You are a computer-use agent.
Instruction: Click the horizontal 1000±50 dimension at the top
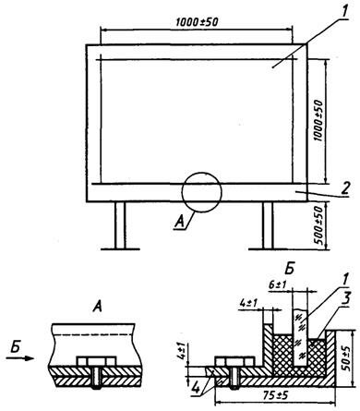point(197,22)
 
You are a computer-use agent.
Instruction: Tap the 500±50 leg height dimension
point(319,225)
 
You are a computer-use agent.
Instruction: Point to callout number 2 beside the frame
point(345,188)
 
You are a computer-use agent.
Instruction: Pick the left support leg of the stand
point(120,225)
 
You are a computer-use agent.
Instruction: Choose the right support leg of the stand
point(268,225)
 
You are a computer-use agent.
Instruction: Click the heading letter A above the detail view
point(97,308)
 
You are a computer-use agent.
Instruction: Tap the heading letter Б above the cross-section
point(289,269)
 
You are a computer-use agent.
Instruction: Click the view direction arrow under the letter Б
point(20,358)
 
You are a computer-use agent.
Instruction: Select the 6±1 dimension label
point(278,285)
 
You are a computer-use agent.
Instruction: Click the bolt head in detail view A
point(96,360)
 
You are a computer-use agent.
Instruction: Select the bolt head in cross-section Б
point(235,361)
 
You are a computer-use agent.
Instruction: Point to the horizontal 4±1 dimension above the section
point(249,304)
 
